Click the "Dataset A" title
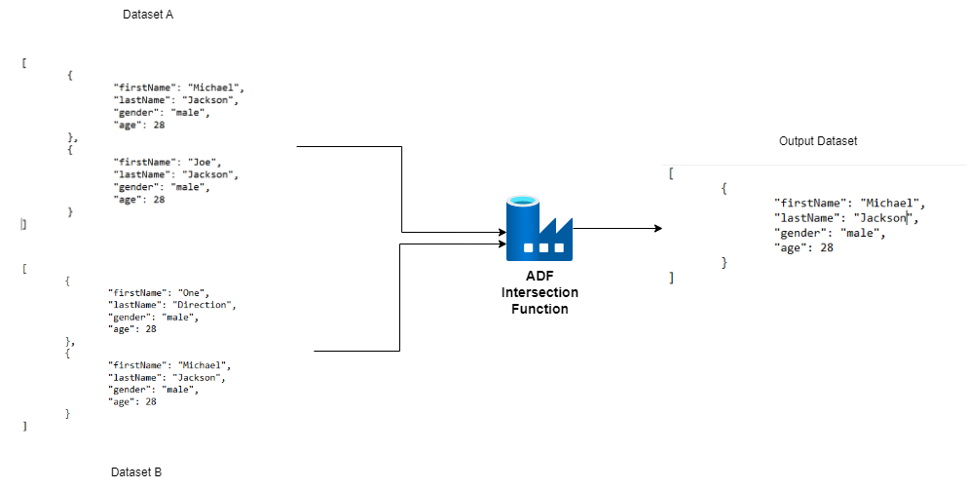pos(148,15)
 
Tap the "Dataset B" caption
pos(136,471)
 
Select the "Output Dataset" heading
pos(818,141)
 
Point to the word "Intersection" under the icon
pos(539,292)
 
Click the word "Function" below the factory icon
pos(539,309)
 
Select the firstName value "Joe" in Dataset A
pos(208,162)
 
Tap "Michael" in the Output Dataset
pos(893,204)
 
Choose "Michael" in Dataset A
pos(215,87)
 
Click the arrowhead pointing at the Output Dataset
pos(656,228)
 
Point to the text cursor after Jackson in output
pos(908,218)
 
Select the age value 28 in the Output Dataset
pos(826,247)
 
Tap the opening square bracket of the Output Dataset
pos(671,173)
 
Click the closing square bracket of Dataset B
pos(24,426)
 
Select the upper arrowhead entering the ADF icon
pos(499,233)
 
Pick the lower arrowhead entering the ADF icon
pos(499,244)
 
